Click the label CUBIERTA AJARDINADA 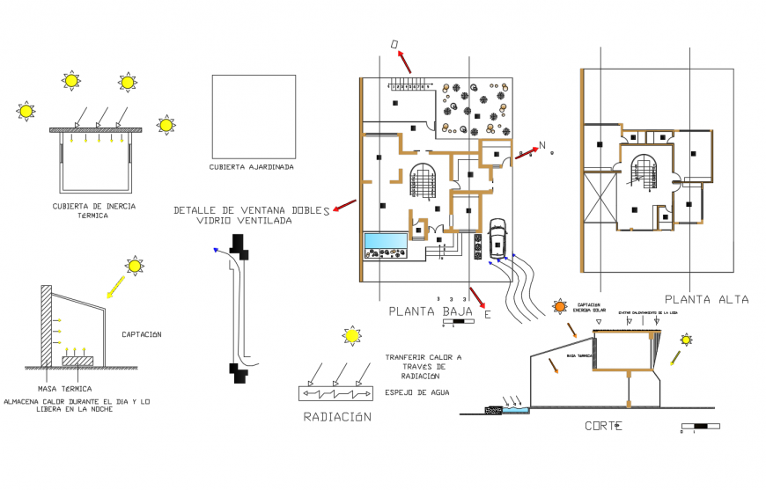pyautogui.click(x=251, y=166)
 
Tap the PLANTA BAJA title pyautogui.click(x=431, y=311)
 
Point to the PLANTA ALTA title pyautogui.click(x=706, y=299)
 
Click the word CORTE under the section pyautogui.click(x=604, y=426)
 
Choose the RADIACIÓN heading pyautogui.click(x=337, y=417)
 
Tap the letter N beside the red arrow pyautogui.click(x=542, y=145)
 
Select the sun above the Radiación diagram pyautogui.click(x=352, y=335)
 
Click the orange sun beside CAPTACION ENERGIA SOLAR pyautogui.click(x=560, y=307)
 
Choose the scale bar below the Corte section pyautogui.click(x=700, y=427)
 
